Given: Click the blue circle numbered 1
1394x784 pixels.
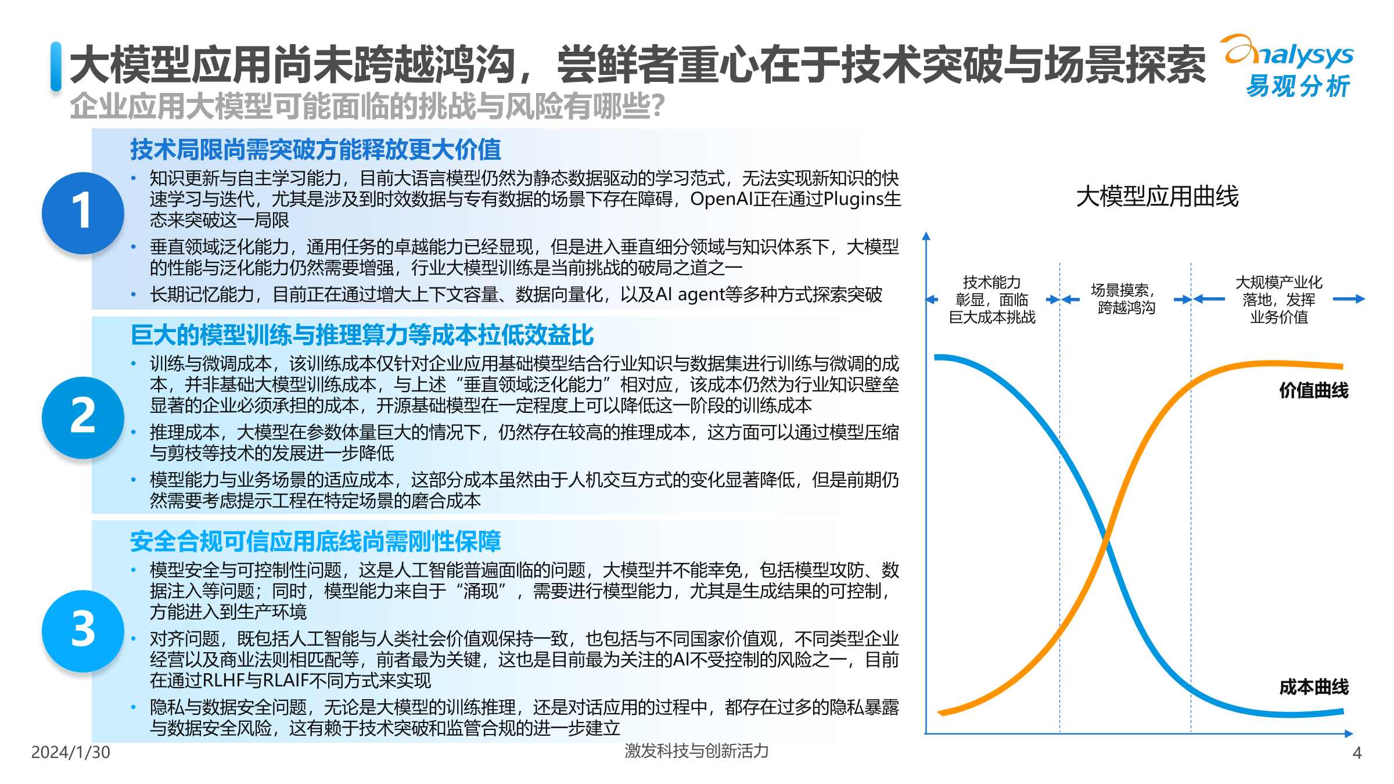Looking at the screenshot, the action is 83,213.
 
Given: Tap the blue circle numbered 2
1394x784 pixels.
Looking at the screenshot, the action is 83,417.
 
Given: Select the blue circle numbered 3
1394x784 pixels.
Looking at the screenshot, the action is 83,631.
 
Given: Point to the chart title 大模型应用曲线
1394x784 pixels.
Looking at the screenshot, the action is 1157,196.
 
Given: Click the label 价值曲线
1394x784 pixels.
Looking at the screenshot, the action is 1313,390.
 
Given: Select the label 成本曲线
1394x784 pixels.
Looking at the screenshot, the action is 1313,687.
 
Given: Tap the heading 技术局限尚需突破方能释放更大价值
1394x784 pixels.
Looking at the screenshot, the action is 315,150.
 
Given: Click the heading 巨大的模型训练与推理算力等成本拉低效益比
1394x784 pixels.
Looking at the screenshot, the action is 362,335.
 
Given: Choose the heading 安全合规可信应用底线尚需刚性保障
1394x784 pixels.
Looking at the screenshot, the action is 315,541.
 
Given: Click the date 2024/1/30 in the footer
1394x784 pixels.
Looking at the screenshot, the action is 70,752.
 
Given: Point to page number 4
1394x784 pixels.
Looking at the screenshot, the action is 1357,753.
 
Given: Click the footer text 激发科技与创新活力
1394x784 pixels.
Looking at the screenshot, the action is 696,751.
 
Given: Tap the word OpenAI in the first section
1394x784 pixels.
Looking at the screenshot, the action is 721,199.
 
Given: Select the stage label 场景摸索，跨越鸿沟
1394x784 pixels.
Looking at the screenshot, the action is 1125,299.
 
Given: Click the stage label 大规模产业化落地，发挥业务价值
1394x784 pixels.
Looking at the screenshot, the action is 1278,299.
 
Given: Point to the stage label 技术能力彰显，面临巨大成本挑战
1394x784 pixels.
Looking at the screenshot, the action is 992,300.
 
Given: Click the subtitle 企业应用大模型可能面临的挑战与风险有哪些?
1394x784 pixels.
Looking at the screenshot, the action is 367,106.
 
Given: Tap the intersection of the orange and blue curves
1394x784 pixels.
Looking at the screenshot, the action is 1107,540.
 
